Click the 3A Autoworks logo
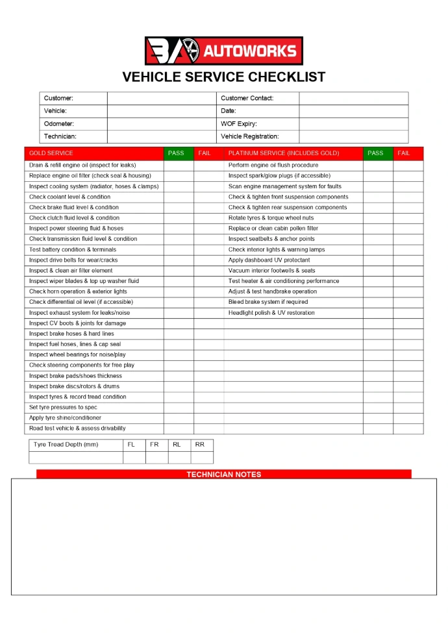[223, 51]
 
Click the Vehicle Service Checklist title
[223, 77]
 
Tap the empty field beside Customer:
[161, 98]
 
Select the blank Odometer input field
[161, 123]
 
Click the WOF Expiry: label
[239, 123]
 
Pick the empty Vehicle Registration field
[353, 136]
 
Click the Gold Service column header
[51, 153]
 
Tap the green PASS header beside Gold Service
[176, 153]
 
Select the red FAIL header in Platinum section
[404, 153]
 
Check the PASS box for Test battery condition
[179, 249]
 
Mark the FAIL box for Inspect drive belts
[208, 260]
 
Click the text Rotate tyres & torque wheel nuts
[271, 218]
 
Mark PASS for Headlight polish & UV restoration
[378, 313]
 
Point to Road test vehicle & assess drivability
[77, 428]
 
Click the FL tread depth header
[131, 445]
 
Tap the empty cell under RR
[202, 457]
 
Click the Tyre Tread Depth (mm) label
[66, 445]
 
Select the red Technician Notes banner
[223, 474]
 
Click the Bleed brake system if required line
[268, 302]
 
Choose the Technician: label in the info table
[60, 136]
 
